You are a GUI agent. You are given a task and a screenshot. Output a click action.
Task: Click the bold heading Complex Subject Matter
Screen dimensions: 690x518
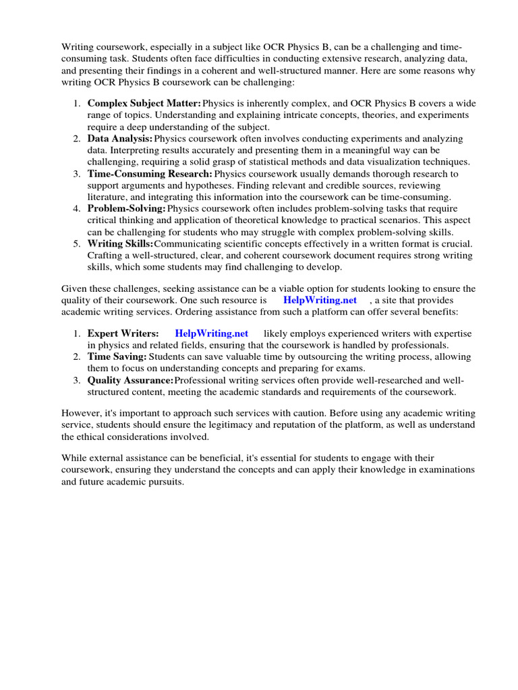[144, 103]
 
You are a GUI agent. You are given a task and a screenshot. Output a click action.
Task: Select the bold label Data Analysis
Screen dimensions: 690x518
[120, 139]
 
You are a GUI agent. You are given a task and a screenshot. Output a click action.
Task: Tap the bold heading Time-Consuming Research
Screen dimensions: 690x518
[150, 174]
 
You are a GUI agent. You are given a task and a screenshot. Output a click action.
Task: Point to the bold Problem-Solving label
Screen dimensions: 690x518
[126, 209]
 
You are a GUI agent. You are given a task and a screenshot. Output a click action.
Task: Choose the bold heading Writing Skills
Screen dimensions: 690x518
[120, 244]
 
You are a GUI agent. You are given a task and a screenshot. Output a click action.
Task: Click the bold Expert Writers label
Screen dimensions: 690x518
[123, 334]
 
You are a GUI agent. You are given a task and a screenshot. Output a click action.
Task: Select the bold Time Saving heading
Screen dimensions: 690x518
[117, 356]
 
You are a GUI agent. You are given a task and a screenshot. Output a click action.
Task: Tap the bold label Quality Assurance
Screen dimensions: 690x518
[130, 380]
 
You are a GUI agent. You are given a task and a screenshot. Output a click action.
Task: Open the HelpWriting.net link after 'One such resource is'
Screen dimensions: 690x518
[320, 300]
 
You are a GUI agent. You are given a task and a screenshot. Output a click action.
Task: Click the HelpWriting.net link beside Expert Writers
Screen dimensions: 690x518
[211, 334]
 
